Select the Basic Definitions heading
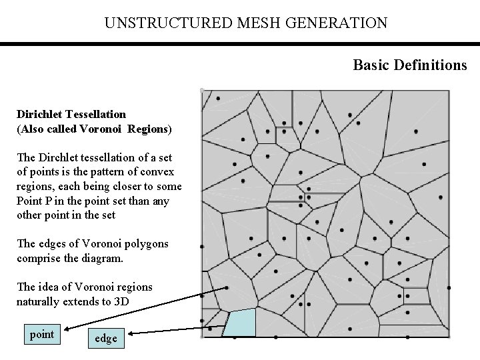410,65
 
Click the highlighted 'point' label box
42,334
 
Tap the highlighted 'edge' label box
106,339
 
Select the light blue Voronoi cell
239,323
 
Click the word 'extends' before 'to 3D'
84,301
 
